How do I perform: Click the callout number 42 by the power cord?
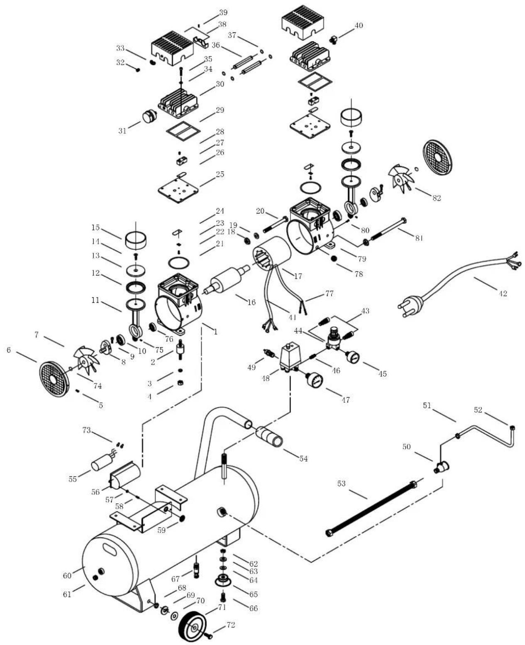503,293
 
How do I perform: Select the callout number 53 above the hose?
341,483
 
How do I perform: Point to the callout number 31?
122,131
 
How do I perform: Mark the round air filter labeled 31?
150,117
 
